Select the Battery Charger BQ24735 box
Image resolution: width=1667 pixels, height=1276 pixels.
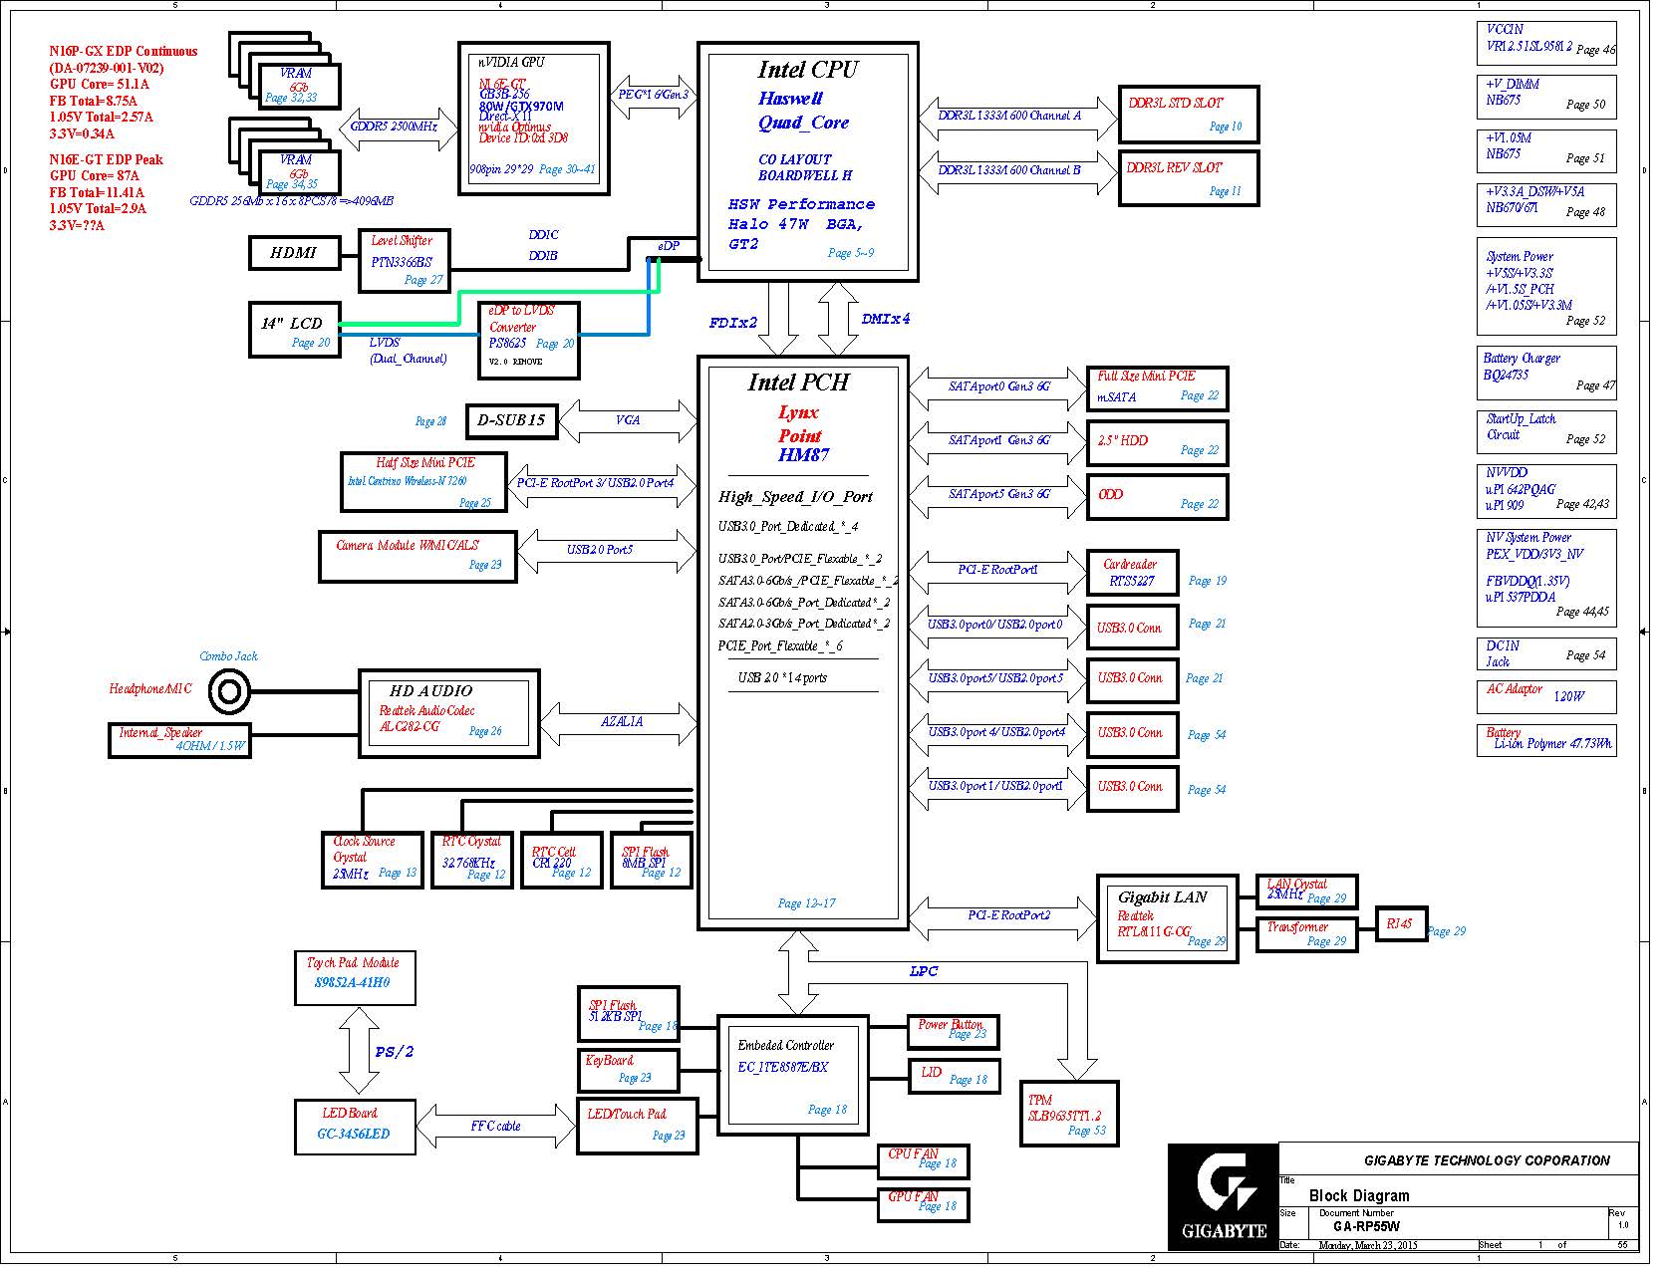pyautogui.click(x=1545, y=373)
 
